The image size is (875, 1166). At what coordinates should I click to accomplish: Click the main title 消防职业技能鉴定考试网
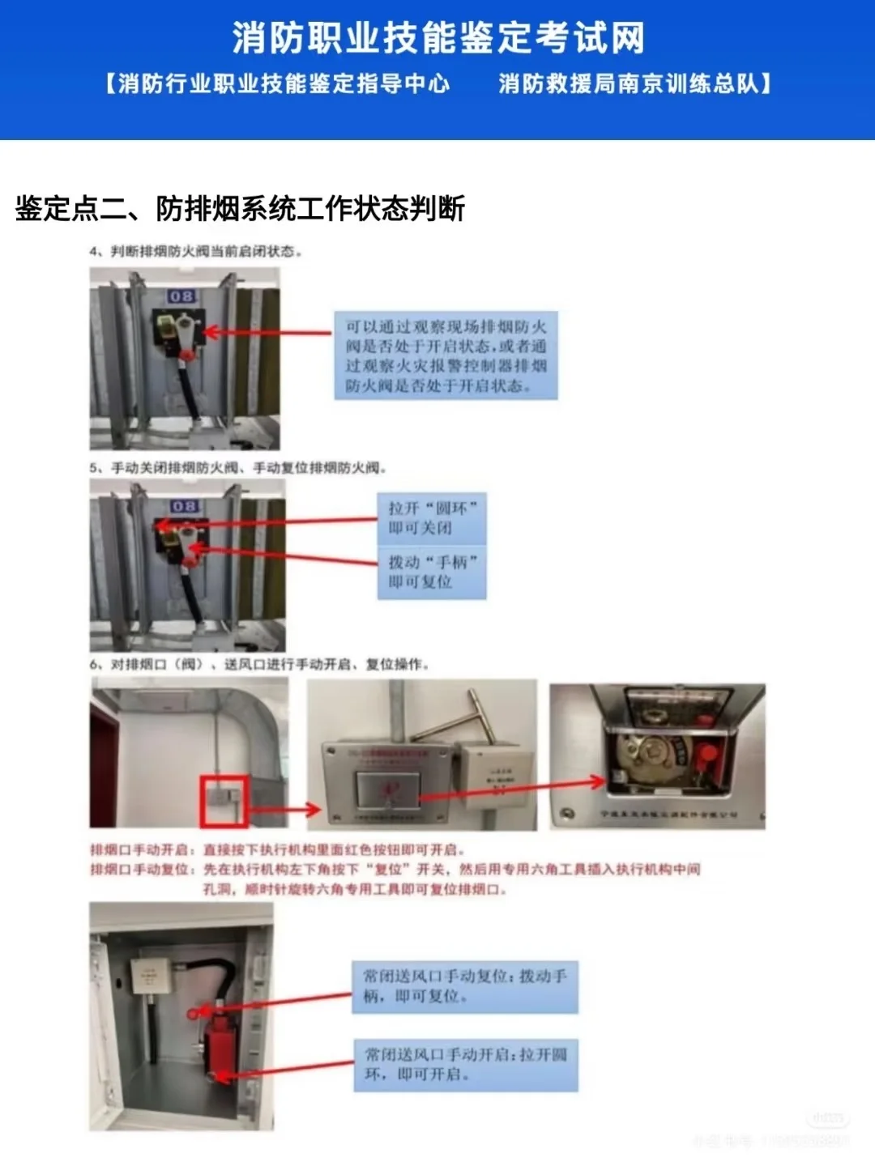pyautogui.click(x=438, y=37)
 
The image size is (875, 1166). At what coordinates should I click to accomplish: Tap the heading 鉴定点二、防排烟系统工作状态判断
pyautogui.click(x=240, y=208)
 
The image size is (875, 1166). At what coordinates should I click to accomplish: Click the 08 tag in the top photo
pyautogui.click(x=181, y=296)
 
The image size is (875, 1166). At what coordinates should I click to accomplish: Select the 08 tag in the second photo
pyautogui.click(x=184, y=506)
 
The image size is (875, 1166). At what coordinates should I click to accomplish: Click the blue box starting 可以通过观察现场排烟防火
pyautogui.click(x=446, y=355)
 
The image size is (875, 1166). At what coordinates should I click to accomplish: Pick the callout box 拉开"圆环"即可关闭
pyautogui.click(x=432, y=518)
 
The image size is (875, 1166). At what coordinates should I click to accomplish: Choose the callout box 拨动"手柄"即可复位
pyautogui.click(x=432, y=572)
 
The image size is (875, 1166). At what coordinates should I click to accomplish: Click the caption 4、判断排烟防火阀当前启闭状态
pyautogui.click(x=195, y=252)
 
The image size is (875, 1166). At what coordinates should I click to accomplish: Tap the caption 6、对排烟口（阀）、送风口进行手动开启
pyautogui.click(x=259, y=665)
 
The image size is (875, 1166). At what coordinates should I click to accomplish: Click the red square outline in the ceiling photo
pyautogui.click(x=224, y=801)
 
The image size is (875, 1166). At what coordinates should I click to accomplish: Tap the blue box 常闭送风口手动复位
pyautogui.click(x=465, y=986)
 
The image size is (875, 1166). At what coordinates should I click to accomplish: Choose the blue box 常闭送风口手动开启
pyautogui.click(x=465, y=1064)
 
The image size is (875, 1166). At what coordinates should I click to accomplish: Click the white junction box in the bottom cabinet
pyautogui.click(x=149, y=976)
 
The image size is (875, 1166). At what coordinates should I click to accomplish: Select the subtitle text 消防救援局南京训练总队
pyautogui.click(x=634, y=83)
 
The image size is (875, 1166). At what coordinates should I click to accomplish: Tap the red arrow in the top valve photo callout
pyautogui.click(x=267, y=332)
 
